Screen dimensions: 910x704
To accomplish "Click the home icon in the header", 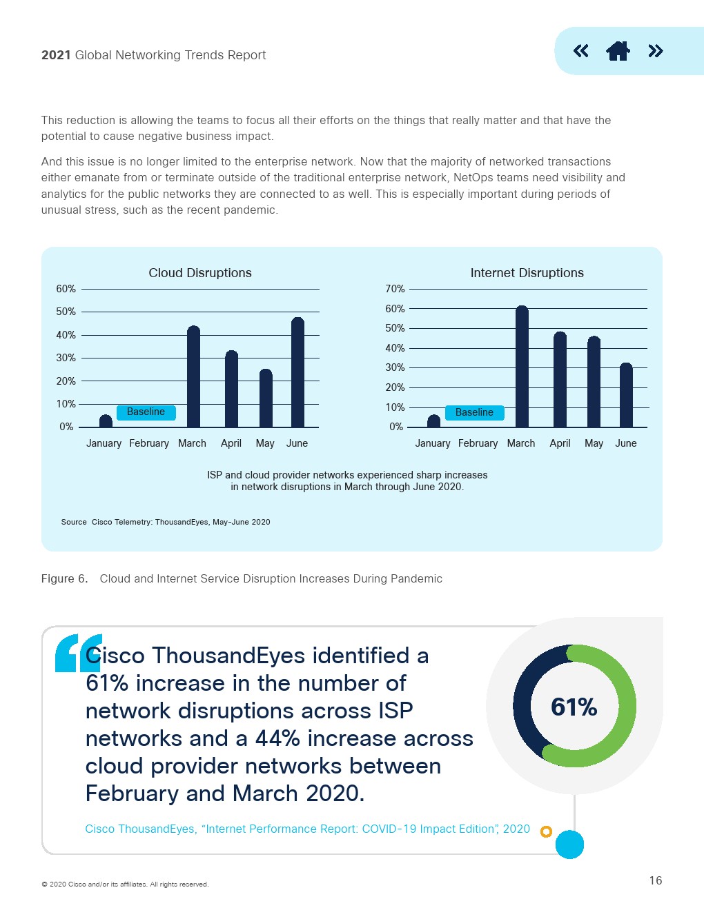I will point(618,51).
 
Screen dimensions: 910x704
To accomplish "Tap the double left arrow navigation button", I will point(581,51).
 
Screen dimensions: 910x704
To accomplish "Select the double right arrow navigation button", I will point(655,51).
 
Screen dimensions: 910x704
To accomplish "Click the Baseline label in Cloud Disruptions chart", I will point(146,412).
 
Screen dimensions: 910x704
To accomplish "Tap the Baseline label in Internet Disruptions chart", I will point(474,413).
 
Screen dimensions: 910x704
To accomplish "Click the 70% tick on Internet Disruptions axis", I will point(395,289).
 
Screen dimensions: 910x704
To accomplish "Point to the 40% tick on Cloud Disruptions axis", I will point(66,335).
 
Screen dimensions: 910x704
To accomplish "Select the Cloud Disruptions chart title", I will point(200,273).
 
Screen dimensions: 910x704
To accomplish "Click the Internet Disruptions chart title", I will point(527,273).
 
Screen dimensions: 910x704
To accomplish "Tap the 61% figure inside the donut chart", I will point(574,707).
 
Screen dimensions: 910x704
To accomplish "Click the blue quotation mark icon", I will point(77,652).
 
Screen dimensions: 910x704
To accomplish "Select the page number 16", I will point(655,880).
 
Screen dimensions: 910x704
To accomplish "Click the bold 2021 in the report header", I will point(56,55).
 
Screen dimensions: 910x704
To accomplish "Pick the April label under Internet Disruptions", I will point(560,443).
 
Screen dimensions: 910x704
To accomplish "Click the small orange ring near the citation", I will point(546,831).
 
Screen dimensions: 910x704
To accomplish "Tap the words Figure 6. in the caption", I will point(64,579).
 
